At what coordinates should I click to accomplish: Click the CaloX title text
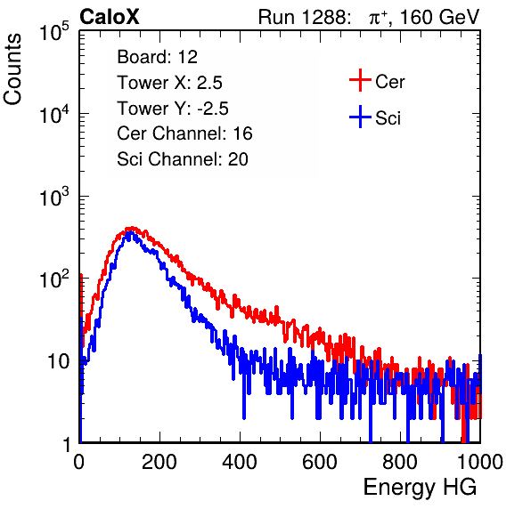pyautogui.click(x=110, y=17)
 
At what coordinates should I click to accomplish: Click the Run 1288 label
pyautogui.click(x=303, y=17)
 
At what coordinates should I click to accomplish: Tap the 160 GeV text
pyautogui.click(x=439, y=17)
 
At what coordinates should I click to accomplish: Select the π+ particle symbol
pyautogui.click(x=379, y=18)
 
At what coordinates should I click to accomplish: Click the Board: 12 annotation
pyautogui.click(x=157, y=57)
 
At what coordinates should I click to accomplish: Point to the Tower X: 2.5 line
pyautogui.click(x=169, y=83)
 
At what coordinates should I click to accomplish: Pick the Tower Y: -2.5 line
pyautogui.click(x=173, y=109)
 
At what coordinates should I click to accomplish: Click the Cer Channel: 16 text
pyautogui.click(x=184, y=133)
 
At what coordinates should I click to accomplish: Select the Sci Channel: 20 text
pyautogui.click(x=183, y=159)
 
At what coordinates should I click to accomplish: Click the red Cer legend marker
pyautogui.click(x=360, y=80)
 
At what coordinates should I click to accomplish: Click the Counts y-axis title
pyautogui.click(x=12, y=69)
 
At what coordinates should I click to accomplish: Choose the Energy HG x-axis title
pyautogui.click(x=420, y=487)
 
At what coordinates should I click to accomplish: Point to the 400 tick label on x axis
pyautogui.click(x=240, y=462)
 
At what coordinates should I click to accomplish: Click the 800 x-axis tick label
pyautogui.click(x=400, y=462)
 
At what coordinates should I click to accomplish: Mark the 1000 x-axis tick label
pyautogui.click(x=480, y=462)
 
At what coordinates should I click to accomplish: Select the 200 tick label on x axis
pyautogui.click(x=159, y=462)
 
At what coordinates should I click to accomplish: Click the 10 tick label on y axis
pyautogui.click(x=58, y=361)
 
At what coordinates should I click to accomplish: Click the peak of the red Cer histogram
pyautogui.click(x=132, y=228)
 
